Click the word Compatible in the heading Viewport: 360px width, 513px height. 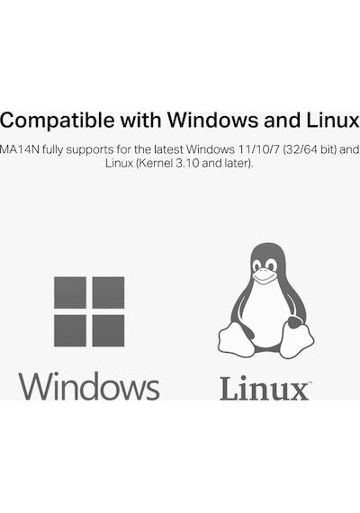click(58, 121)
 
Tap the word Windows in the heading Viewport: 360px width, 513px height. click(213, 120)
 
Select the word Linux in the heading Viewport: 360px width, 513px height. click(333, 120)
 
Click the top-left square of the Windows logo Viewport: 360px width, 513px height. click(70, 292)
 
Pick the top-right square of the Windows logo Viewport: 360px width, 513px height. click(108, 292)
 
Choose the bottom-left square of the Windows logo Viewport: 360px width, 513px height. click(70, 331)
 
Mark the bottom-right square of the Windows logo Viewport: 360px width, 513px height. click(108, 331)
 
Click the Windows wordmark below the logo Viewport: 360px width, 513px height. click(89, 386)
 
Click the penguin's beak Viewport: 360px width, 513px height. click(264, 275)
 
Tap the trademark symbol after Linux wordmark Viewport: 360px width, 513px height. click(310, 382)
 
